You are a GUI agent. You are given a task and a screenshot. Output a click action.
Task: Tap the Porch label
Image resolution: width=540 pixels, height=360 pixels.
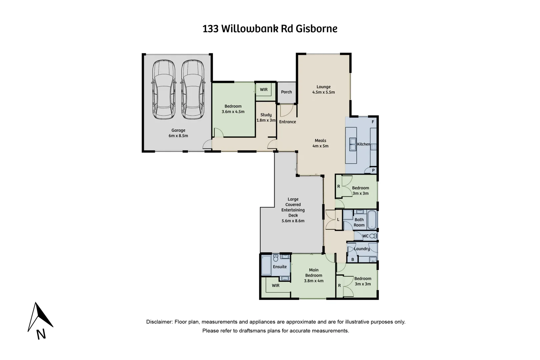pyautogui.click(x=286, y=92)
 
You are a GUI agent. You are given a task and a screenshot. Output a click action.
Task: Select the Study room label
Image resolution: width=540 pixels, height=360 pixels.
pyautogui.click(x=266, y=115)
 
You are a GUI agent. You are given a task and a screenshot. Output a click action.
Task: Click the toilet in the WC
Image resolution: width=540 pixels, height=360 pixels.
pyautogui.click(x=374, y=236)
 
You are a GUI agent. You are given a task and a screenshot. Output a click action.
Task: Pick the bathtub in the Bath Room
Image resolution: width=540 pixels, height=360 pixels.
pyautogui.click(x=372, y=219)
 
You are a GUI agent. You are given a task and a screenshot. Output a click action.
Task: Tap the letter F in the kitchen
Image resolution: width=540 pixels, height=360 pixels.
pyautogui.click(x=373, y=122)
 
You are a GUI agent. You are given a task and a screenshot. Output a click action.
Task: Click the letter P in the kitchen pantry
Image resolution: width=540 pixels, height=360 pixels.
pyautogui.click(x=373, y=171)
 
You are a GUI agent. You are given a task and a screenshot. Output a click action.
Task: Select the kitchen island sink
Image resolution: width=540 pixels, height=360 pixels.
pyautogui.click(x=352, y=145)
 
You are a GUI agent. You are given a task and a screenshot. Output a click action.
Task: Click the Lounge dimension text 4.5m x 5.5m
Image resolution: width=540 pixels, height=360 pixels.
pyautogui.click(x=323, y=92)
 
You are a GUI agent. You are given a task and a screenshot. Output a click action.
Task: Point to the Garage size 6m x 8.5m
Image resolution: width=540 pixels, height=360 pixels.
pyautogui.click(x=178, y=136)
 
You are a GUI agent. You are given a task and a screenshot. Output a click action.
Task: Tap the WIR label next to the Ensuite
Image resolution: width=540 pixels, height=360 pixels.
pyautogui.click(x=276, y=286)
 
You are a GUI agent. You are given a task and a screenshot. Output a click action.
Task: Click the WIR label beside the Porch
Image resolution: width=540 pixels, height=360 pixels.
pyautogui.click(x=264, y=90)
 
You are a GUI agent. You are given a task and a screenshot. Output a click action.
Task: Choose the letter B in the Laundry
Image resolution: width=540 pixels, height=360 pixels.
pyautogui.click(x=353, y=259)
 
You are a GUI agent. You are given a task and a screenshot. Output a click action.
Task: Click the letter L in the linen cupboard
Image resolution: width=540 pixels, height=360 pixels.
pyautogui.click(x=338, y=220)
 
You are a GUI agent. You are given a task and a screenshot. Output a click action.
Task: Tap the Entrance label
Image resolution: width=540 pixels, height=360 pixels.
pyautogui.click(x=288, y=122)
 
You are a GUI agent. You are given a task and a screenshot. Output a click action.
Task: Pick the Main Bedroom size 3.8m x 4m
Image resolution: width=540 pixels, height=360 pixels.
pyautogui.click(x=314, y=281)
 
